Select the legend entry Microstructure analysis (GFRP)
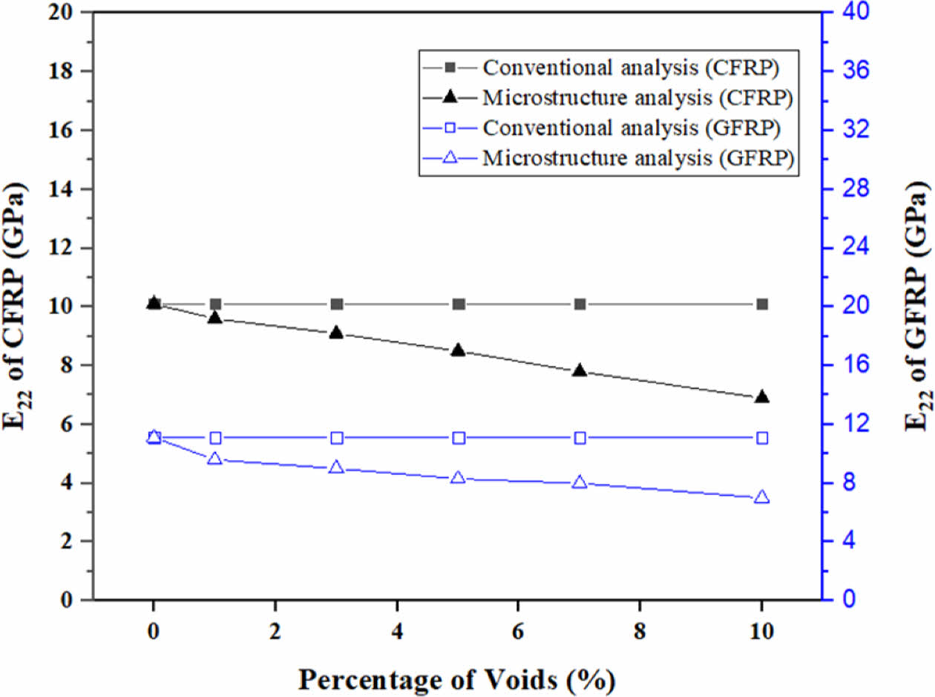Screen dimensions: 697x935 coord(639,157)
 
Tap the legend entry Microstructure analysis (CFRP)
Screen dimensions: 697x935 coord(639,97)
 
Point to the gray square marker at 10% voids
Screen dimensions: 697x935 coord(761,304)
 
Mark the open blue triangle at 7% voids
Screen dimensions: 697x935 coord(580,482)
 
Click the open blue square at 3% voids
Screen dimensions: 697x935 coord(336,438)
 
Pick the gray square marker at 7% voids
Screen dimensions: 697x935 coord(580,304)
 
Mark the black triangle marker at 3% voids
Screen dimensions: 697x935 coord(336,332)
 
